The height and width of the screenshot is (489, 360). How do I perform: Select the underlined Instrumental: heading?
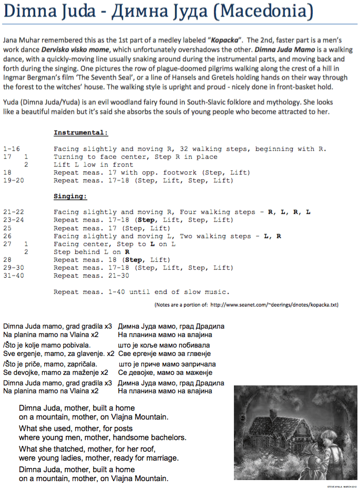(80, 133)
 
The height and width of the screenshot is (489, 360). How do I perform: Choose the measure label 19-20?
(13, 180)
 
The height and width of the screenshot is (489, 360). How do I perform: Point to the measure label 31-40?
(13, 276)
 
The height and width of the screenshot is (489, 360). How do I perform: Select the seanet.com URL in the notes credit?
(274, 304)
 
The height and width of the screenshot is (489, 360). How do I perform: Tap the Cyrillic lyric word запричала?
(194, 364)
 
